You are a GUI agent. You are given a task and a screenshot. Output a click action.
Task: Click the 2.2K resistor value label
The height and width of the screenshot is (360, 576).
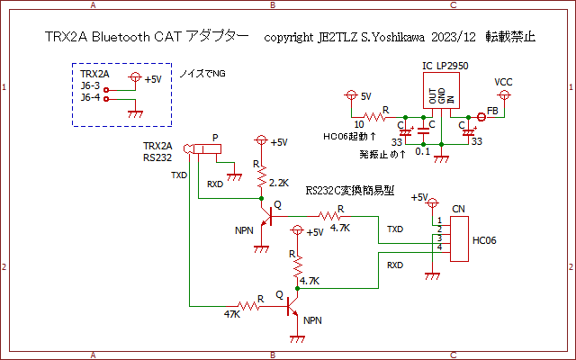(x=279, y=183)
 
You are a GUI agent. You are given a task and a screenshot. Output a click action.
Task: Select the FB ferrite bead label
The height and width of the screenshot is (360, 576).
(x=492, y=110)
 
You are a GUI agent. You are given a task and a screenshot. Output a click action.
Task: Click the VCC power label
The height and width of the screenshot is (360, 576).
(x=505, y=81)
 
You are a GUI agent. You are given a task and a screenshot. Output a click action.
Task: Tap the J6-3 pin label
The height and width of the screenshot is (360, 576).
(x=90, y=86)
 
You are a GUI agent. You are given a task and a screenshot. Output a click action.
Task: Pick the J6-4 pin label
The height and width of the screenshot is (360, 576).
(x=90, y=97)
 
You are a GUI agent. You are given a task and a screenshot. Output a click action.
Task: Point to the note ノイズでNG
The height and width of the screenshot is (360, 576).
(x=203, y=73)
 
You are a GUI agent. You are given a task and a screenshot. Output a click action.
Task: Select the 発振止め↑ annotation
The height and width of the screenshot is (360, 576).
(x=382, y=154)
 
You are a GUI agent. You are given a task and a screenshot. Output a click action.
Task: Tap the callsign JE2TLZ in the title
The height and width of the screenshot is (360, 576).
(x=339, y=38)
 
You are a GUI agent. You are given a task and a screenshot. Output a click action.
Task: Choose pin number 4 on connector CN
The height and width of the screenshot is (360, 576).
(x=439, y=247)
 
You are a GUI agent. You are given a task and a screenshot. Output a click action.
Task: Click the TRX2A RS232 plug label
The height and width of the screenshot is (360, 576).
(x=157, y=151)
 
